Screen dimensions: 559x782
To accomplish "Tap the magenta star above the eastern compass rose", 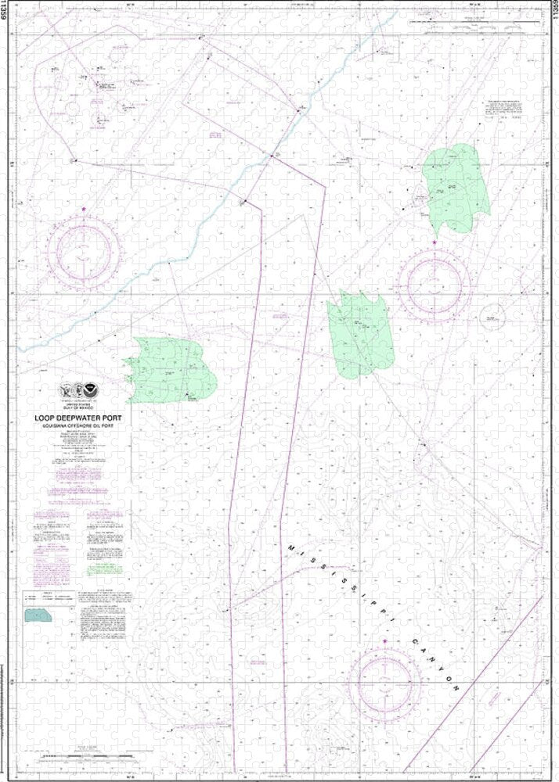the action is tap(436, 244).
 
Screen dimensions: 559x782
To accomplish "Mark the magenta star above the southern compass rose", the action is tap(385, 643).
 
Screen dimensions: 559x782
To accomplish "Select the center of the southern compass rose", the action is tap(385, 682).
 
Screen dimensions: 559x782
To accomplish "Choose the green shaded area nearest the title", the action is tap(171, 370).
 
